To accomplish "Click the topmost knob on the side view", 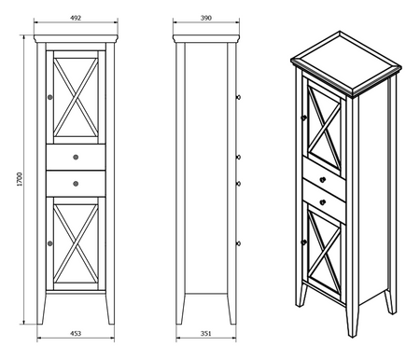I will [x=240, y=96].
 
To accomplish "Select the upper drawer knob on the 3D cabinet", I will [x=322, y=179].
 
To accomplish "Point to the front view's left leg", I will [x=43, y=308].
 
